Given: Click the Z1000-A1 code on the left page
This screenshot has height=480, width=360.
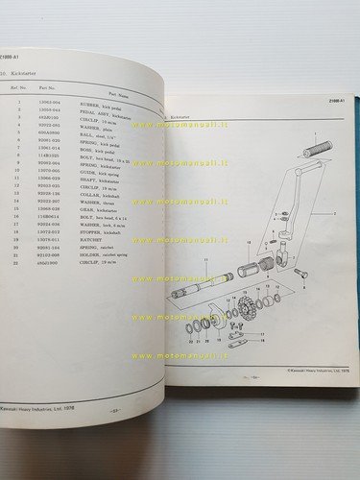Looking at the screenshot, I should point(13,57).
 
